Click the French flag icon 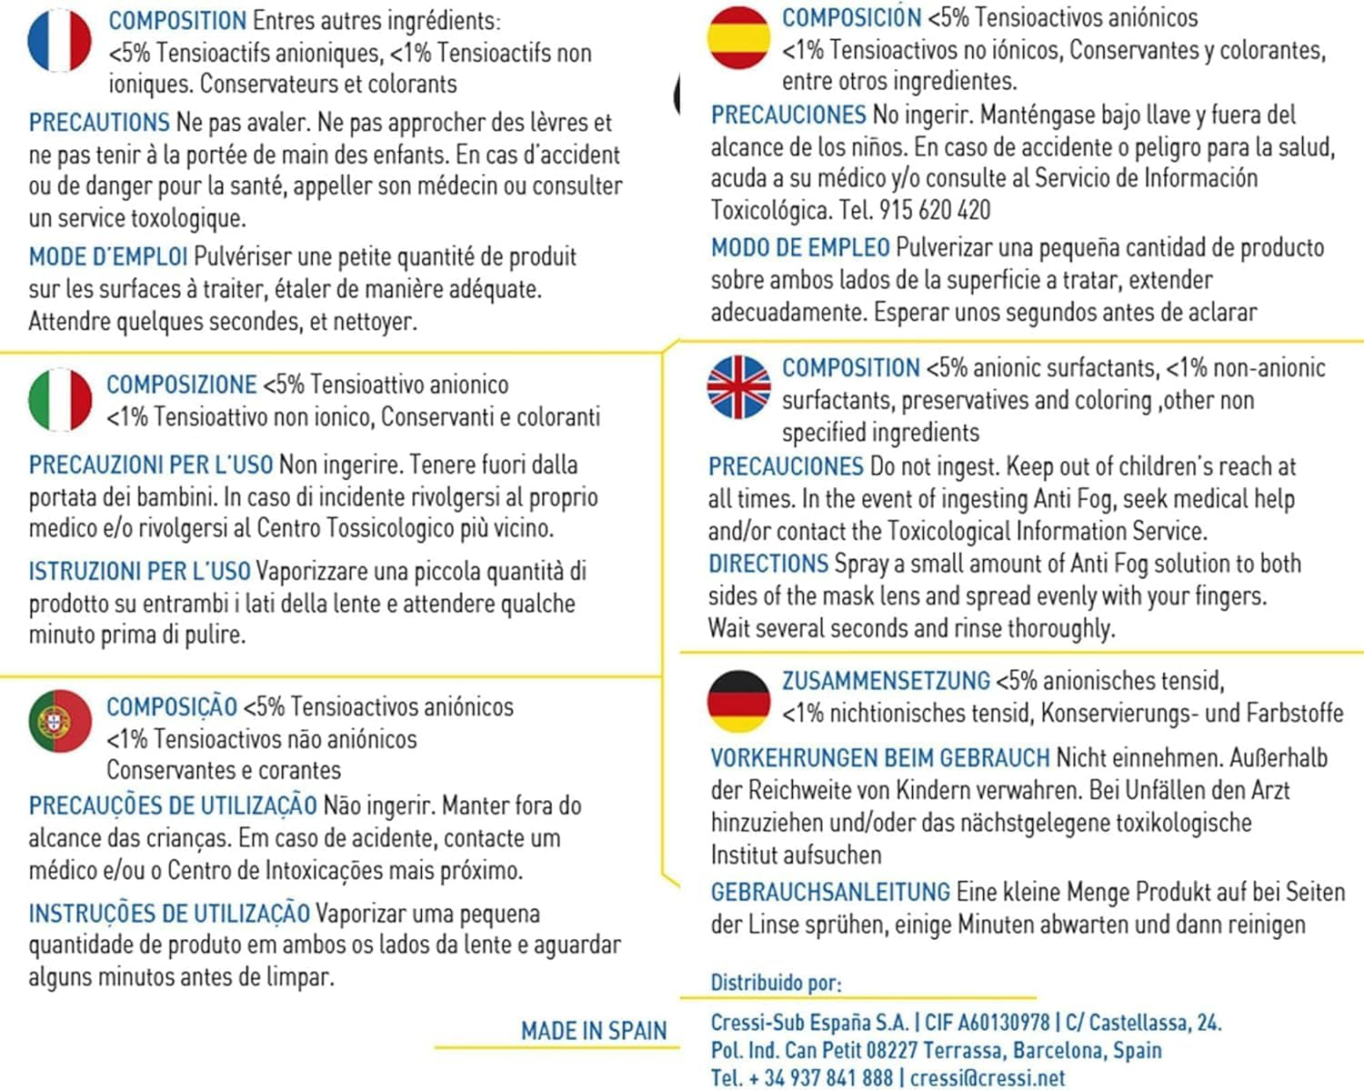click(x=60, y=41)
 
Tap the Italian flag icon click(x=60, y=399)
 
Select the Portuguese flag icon click(x=60, y=721)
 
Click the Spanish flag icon click(x=738, y=37)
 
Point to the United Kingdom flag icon click(x=738, y=386)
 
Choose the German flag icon click(x=738, y=701)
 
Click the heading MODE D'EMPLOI click(x=108, y=257)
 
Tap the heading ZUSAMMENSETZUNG click(x=886, y=681)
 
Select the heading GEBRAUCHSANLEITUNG click(x=830, y=892)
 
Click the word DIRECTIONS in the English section click(x=768, y=564)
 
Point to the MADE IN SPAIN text click(x=593, y=1031)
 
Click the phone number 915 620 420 click(x=934, y=211)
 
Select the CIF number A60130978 click(x=987, y=1023)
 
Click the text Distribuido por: click(x=776, y=983)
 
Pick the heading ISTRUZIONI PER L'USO click(x=139, y=572)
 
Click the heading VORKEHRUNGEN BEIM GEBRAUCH click(x=879, y=758)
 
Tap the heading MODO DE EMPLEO click(x=800, y=247)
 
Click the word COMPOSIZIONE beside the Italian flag click(x=182, y=385)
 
